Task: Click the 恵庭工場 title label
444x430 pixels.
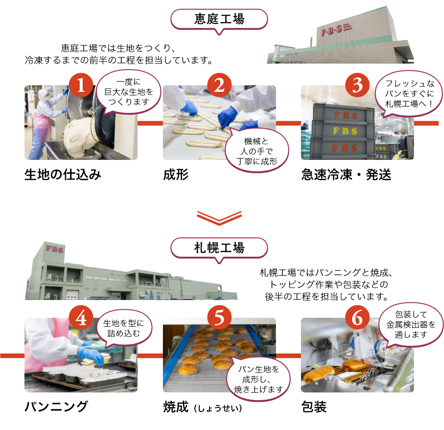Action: click(219, 19)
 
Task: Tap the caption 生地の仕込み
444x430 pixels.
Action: click(63, 175)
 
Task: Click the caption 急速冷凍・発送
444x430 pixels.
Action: click(346, 175)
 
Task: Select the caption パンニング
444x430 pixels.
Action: click(56, 407)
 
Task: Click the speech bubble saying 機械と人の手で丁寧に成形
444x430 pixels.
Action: click(256, 152)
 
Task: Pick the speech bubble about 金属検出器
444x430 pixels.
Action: click(410, 324)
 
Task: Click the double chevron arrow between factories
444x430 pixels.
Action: click(219, 218)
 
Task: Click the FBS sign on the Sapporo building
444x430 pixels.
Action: click(54, 249)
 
